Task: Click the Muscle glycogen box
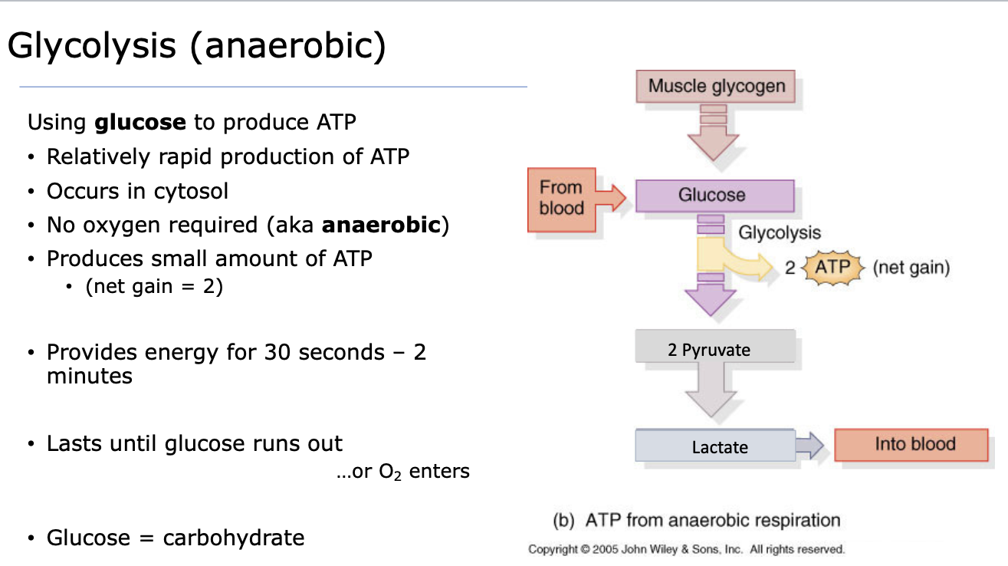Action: [715, 86]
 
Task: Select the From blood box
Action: [562, 200]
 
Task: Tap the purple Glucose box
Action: [715, 196]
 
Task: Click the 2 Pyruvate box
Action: [715, 346]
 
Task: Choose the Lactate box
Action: [715, 446]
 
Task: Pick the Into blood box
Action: [911, 445]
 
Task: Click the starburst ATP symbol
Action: [832, 268]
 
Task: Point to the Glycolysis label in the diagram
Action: [780, 233]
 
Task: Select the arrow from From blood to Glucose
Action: [611, 197]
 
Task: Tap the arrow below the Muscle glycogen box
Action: [713, 133]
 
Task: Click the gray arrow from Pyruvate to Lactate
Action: [711, 390]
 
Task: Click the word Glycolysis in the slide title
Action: [91, 46]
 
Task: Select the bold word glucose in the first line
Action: [140, 122]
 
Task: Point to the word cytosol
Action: [191, 192]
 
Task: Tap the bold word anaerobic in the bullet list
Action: [381, 225]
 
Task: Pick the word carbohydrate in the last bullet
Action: [234, 538]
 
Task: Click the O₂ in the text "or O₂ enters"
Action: [389, 472]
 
